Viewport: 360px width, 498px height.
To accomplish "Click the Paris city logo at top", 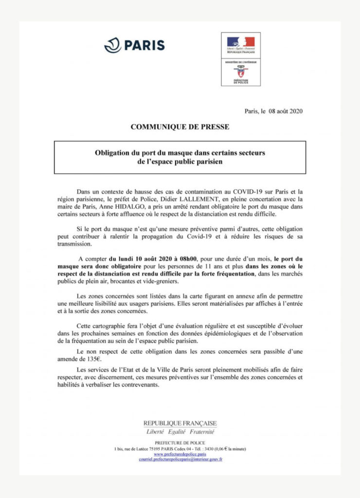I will tap(134, 45).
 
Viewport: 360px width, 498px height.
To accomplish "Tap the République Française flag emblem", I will tap(241, 43).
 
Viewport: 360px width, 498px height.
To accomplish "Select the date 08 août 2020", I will tap(282, 111).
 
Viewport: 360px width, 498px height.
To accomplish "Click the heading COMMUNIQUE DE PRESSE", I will tap(180, 127).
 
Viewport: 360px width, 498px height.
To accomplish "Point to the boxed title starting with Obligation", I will tap(180, 157).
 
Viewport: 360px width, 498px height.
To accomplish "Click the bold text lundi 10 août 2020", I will tap(140, 259).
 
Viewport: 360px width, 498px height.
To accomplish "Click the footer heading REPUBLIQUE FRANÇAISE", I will tap(180, 423).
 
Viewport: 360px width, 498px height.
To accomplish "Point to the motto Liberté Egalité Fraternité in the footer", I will tap(180, 432).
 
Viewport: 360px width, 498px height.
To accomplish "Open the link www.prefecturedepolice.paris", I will tap(180, 454).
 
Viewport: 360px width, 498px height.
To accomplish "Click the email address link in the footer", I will tap(180, 459).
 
